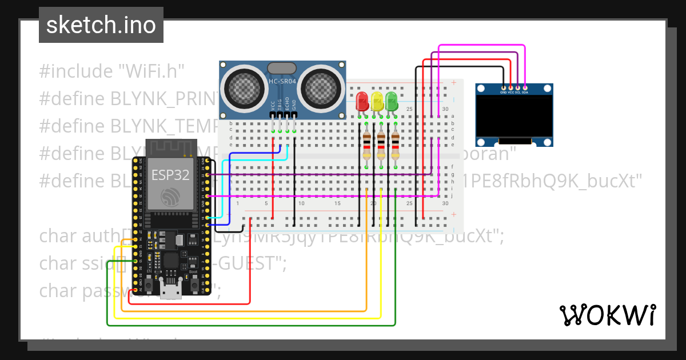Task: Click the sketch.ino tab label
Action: click(101, 25)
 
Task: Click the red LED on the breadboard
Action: click(362, 102)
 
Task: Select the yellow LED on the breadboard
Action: click(377, 102)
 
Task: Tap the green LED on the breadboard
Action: click(392, 102)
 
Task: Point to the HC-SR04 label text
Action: click(282, 82)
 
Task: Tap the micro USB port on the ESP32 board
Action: click(171, 292)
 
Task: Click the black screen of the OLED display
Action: click(514, 117)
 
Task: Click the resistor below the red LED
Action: click(366, 146)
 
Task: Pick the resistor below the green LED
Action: click(396, 146)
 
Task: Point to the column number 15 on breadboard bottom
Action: click(337, 203)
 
